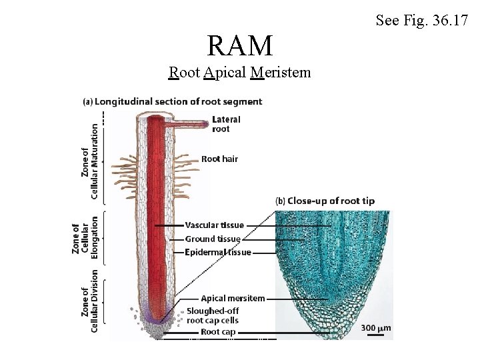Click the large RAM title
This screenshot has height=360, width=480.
(240, 46)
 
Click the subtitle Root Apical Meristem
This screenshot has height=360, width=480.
(240, 72)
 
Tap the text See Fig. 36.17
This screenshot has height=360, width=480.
(422, 21)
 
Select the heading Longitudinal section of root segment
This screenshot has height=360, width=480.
(172, 102)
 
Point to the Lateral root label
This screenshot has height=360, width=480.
(226, 124)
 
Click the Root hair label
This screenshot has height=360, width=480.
(219, 159)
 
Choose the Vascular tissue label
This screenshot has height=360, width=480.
(215, 225)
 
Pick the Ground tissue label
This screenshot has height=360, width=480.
(213, 239)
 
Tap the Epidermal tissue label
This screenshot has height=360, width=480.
(218, 252)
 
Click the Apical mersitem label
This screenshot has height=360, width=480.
(233, 298)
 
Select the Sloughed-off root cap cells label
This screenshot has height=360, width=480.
(213, 315)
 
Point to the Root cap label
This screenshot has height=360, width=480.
(218, 331)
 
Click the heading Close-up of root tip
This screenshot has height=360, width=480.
(334, 201)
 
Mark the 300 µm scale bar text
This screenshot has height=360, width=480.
(375, 328)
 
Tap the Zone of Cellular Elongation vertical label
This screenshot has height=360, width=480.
(85, 237)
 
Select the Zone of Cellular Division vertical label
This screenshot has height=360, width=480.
(89, 300)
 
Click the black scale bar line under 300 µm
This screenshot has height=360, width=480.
(375, 335)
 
